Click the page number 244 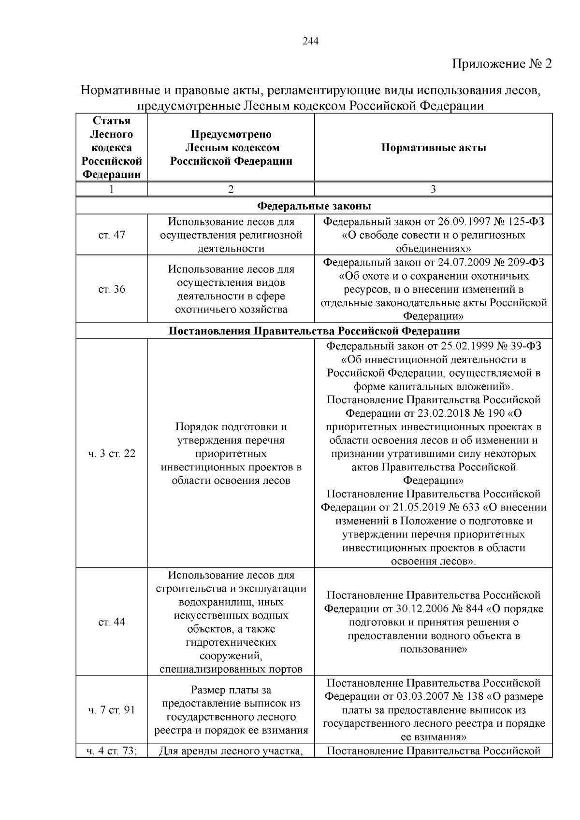pos(310,42)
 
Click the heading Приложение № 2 pos(502,64)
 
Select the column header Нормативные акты pos(434,148)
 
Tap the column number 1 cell pos(112,189)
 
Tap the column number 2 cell pos(231,189)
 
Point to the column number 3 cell pos(433,189)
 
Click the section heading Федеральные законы pos(314,206)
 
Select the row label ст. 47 pos(112,235)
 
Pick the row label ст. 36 pos(112,289)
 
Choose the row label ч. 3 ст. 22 pos(112,454)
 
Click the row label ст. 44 pos(112,622)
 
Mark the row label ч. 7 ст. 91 pos(112,710)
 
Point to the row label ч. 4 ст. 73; pos(112,751)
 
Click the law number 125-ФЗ pos(525,222)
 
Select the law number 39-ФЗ pos(521,346)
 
